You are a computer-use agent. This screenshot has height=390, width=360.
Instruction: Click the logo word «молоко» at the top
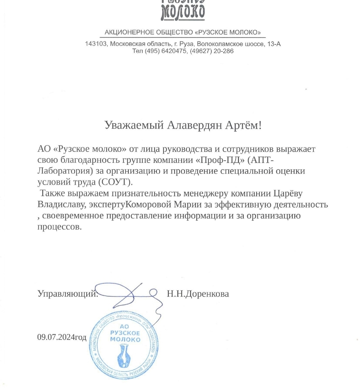[x=183, y=13]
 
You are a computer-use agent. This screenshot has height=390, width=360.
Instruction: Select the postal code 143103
[x=96, y=44]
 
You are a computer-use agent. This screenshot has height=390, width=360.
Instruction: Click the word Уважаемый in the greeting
[x=134, y=125]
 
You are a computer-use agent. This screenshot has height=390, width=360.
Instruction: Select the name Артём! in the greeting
[x=243, y=125]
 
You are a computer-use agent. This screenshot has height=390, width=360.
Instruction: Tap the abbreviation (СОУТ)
[x=116, y=182]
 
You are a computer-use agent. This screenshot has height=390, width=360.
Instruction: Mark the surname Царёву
[x=288, y=193]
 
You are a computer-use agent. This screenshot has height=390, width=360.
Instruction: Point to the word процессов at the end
[x=59, y=227]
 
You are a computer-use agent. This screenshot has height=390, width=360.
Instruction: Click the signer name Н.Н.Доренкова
[x=198, y=294]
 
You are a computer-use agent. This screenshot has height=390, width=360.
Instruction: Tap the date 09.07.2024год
[x=62, y=337]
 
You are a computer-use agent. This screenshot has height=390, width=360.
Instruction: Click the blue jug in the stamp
[x=123, y=356]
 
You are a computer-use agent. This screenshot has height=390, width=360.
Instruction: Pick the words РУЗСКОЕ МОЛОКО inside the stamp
[x=125, y=336]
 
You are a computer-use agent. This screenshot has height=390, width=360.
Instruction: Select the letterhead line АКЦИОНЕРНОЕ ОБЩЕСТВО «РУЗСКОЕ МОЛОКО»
[x=183, y=33]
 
